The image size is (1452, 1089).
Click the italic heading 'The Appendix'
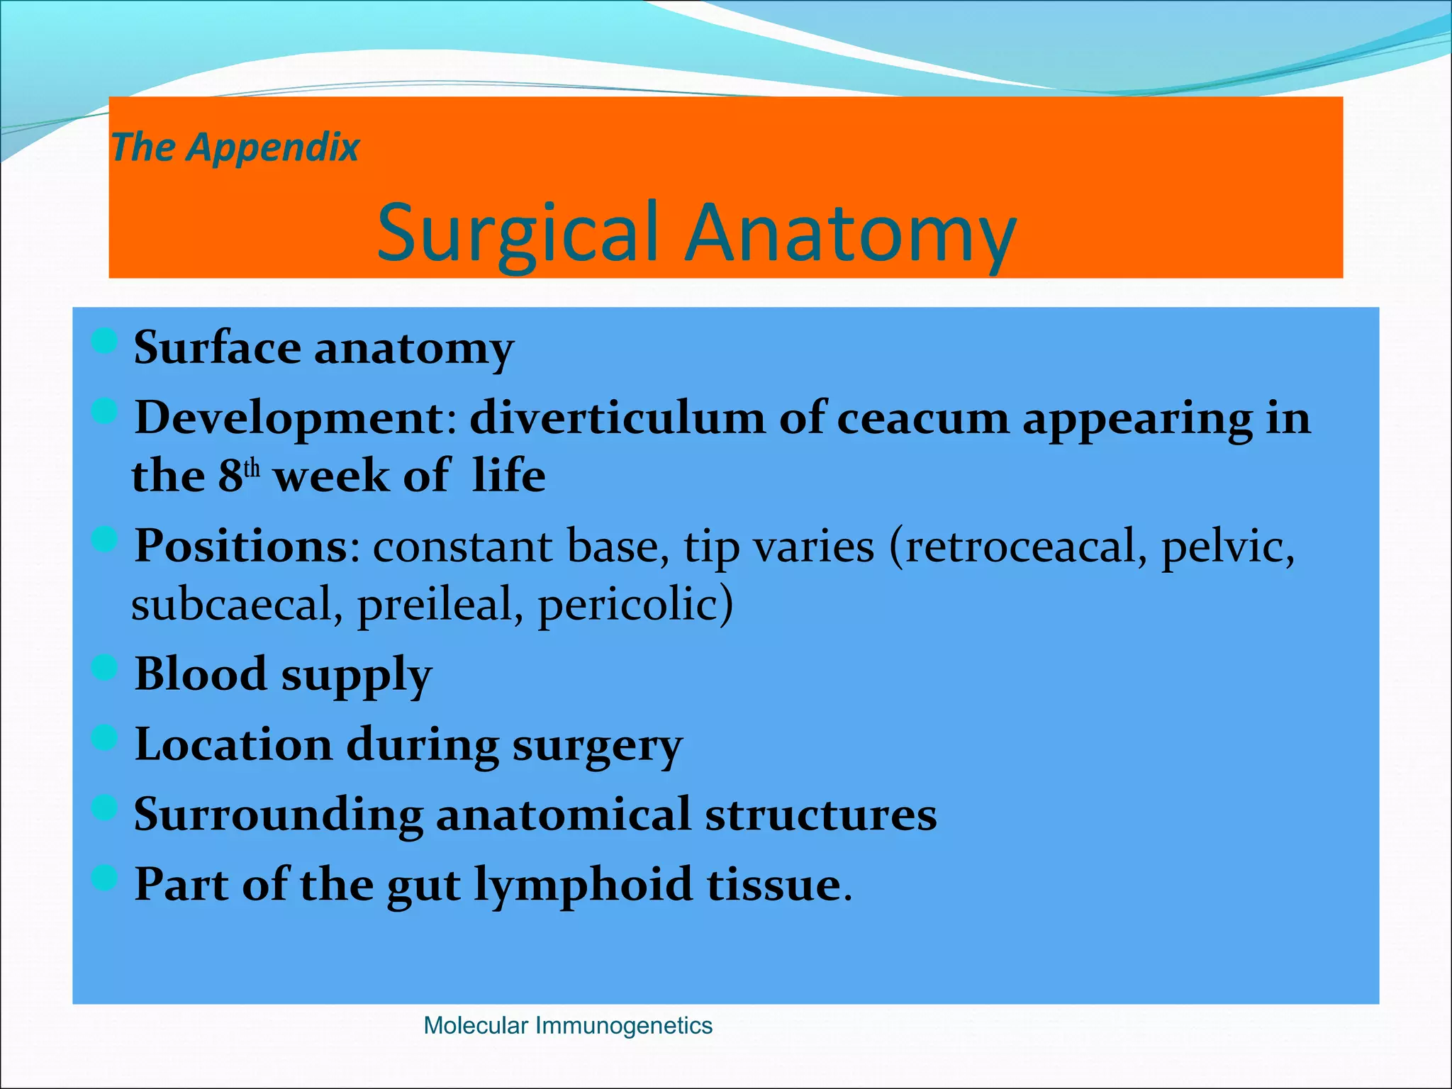tap(235, 147)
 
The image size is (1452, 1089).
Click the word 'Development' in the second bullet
tap(289, 418)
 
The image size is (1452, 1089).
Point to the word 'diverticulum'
tap(617, 418)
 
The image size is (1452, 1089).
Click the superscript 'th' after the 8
tap(252, 469)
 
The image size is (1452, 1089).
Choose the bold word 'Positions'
tap(241, 546)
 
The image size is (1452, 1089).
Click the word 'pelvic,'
tap(1227, 547)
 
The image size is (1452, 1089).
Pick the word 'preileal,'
tap(440, 604)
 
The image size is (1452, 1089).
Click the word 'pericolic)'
tap(635, 604)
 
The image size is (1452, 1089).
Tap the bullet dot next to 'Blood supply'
tap(104, 668)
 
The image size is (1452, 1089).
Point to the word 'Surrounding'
tap(278, 814)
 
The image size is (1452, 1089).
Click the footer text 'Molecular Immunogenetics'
tap(567, 1025)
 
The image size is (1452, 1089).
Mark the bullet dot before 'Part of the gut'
tap(104, 879)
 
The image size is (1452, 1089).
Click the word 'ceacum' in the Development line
tap(922, 418)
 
